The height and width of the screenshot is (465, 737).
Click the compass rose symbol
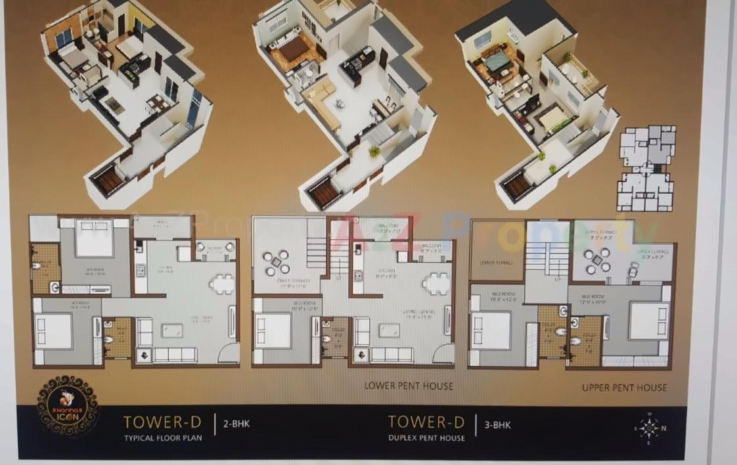[649, 428]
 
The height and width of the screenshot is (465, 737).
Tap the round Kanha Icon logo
[68, 405]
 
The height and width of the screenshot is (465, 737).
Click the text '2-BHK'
[237, 424]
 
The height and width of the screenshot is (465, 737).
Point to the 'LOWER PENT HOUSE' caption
[409, 386]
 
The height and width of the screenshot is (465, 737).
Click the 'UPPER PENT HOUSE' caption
[624, 387]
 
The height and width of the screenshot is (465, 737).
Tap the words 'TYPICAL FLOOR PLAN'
[164, 437]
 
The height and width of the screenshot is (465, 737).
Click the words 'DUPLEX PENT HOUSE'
[426, 437]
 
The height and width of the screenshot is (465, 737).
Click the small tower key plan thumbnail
[646, 168]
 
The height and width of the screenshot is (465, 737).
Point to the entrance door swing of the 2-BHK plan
[229, 353]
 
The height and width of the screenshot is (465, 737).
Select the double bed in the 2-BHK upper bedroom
[94, 238]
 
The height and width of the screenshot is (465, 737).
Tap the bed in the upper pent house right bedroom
[648, 321]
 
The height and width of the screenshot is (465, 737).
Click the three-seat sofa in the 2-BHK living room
[174, 355]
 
